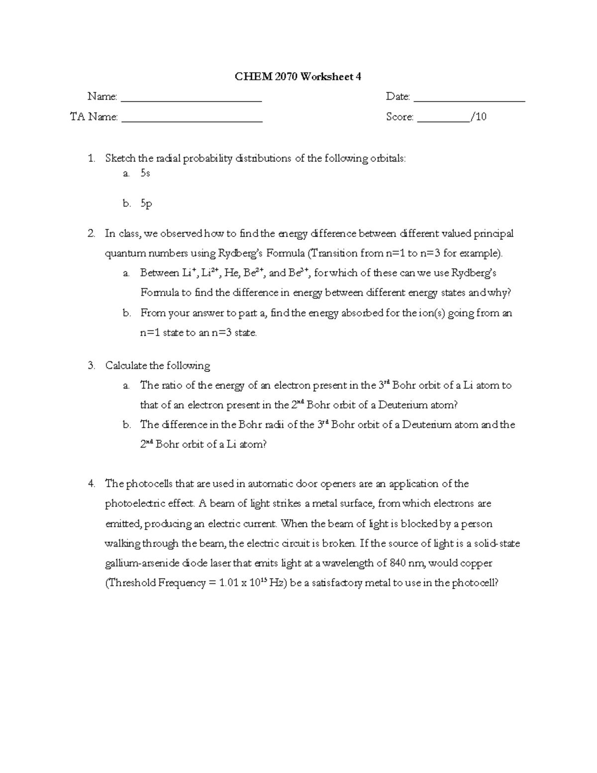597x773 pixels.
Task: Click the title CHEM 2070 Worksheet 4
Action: [298, 77]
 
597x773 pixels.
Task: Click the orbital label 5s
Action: [145, 174]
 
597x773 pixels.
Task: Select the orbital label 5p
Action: [146, 204]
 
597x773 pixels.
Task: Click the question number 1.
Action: [91, 159]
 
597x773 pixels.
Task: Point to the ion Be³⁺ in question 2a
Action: [299, 273]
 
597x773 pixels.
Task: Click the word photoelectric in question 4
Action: [135, 504]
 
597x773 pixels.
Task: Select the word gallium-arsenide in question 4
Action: [141, 563]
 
